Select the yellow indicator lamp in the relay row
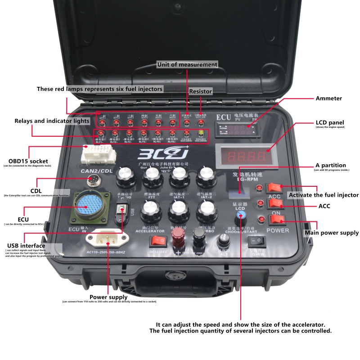pyautogui.click(x=201, y=133)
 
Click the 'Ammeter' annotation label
pyautogui.click(x=329, y=98)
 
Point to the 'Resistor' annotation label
pyautogui.click(x=200, y=91)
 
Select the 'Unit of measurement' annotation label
pyautogui.click(x=187, y=64)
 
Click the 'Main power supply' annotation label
pyautogui.click(x=332, y=233)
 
